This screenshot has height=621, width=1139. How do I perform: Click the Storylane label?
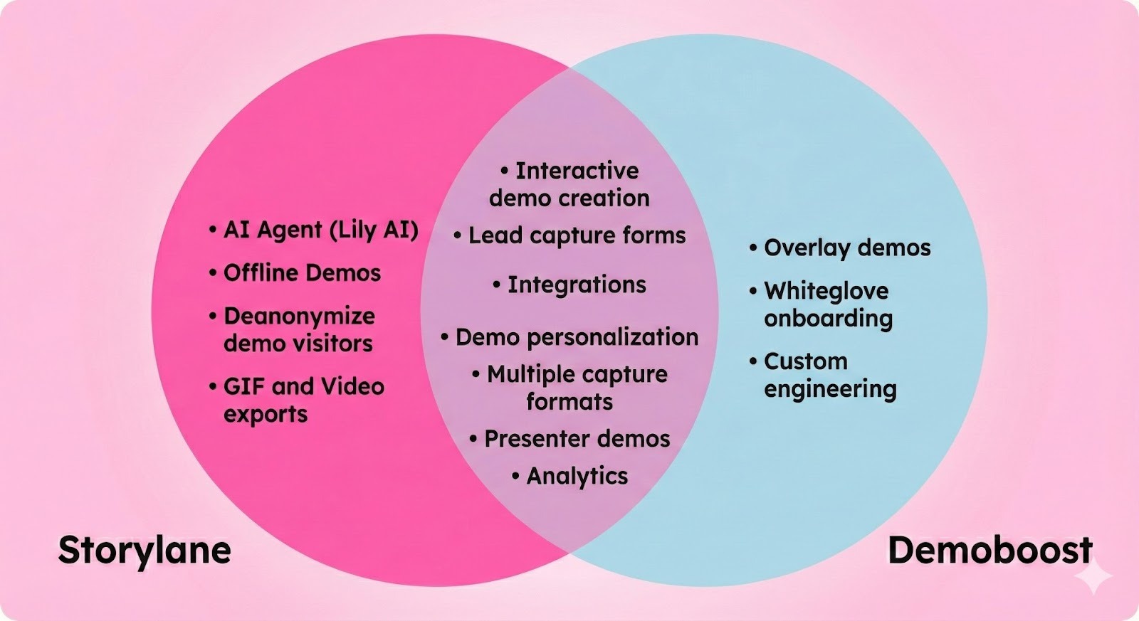pos(145,551)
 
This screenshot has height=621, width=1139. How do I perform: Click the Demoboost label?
pos(990,551)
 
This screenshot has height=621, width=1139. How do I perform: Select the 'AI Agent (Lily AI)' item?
pos(320,230)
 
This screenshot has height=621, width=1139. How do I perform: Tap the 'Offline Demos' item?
pos(302,272)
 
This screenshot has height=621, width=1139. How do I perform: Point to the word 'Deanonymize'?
pos(299,316)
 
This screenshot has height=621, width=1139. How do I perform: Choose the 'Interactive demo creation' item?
pos(569,184)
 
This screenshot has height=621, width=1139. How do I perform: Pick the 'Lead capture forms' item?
pos(577,235)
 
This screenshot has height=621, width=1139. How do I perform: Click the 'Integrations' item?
pos(577,285)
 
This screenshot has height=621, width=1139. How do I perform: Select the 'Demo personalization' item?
pos(577,337)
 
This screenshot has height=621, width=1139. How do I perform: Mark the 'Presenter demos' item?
pos(577,439)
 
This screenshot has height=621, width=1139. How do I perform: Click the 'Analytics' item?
pos(577,476)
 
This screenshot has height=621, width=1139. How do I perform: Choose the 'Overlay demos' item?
pos(847,248)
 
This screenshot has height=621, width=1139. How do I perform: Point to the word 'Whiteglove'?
pos(826,291)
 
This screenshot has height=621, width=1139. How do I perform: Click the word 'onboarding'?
pos(828,319)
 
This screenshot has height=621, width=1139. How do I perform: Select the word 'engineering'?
pos(830,390)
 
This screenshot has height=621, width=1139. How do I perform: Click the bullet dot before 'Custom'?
pos(753,361)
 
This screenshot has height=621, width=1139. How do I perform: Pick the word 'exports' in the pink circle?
pos(266,414)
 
